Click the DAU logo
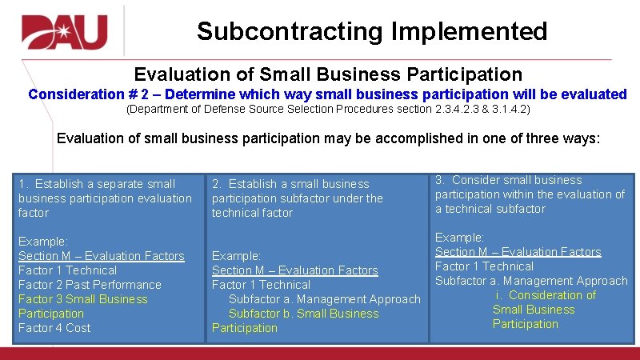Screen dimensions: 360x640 [x=64, y=32]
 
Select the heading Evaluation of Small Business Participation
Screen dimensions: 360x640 [x=328, y=74]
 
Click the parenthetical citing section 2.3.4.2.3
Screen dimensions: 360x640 [x=328, y=109]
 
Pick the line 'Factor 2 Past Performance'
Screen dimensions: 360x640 [x=90, y=285]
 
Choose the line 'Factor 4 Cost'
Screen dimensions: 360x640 [x=54, y=328]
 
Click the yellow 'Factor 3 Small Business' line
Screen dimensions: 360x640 [x=83, y=299]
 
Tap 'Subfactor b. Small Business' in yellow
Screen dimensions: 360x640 [x=304, y=314]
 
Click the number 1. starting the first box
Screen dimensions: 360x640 [x=23, y=184]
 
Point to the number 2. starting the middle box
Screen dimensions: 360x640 [x=217, y=184]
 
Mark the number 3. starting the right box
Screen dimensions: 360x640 [x=440, y=180]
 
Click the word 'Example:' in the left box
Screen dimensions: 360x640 [x=42, y=242]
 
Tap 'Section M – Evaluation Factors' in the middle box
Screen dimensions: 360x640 [x=294, y=270]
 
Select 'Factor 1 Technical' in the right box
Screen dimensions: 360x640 [x=484, y=266]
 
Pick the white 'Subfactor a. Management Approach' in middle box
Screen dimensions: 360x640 [x=324, y=299]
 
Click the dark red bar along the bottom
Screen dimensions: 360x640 [x=320, y=353]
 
